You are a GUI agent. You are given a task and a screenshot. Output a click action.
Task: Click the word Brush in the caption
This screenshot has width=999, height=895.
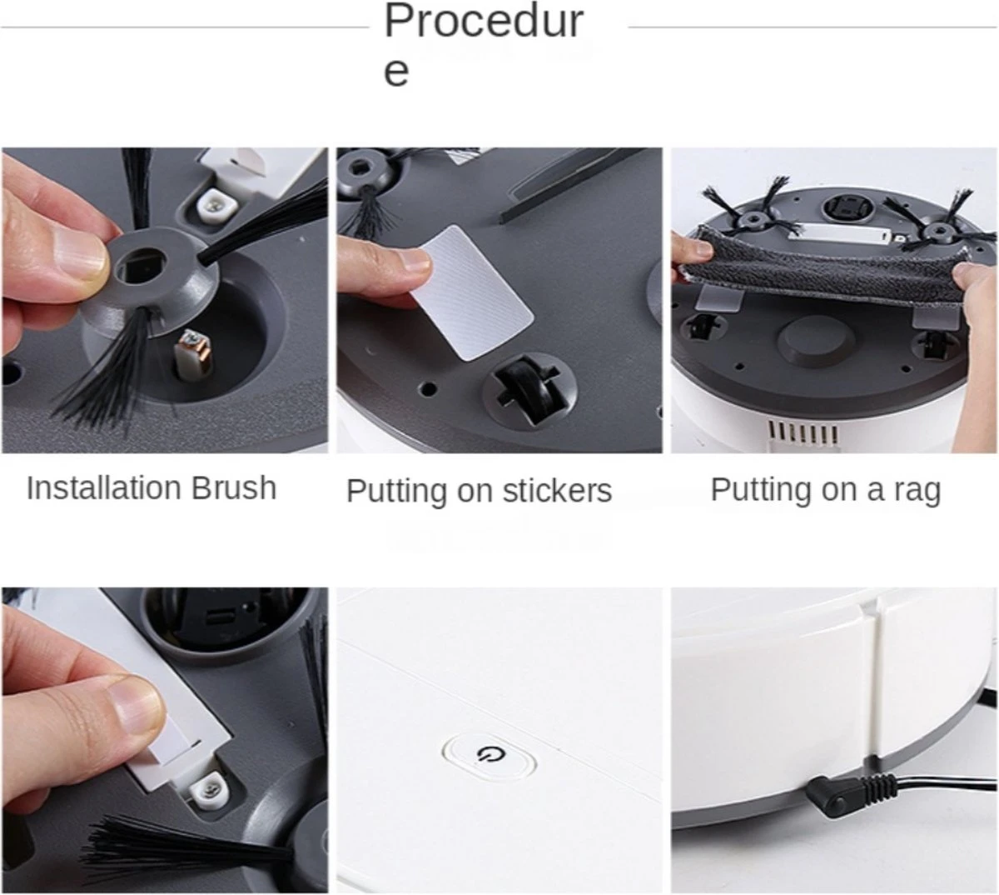pos(233,488)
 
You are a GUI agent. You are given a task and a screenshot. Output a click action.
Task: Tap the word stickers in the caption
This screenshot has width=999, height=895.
pos(557,491)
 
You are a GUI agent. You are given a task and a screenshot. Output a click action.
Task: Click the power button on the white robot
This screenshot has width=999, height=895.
pos(490,754)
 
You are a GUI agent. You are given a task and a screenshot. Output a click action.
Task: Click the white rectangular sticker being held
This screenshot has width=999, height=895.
pos(471,292)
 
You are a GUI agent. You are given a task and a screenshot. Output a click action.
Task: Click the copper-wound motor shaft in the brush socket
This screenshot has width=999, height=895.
pos(194,351)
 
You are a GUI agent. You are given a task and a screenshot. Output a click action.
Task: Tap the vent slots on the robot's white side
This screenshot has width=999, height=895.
pos(803,433)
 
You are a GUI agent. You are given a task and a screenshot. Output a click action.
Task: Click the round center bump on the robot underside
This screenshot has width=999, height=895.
pos(816,340)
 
